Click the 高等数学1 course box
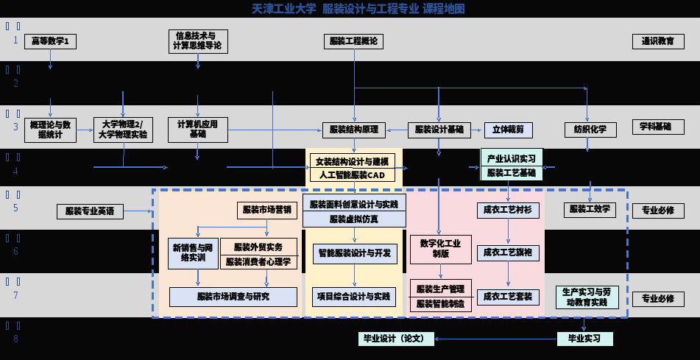[50, 41]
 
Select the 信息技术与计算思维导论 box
[198, 41]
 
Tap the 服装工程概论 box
[354, 41]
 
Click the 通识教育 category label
[657, 41]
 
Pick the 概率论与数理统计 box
[50, 130]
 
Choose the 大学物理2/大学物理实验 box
[124, 130]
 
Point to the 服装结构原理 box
[354, 130]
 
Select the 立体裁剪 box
[509, 130]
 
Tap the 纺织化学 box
[591, 130]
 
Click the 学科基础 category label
[657, 127]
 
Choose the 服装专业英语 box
[90, 211]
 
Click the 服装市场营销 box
[267, 210]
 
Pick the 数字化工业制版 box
[440, 249]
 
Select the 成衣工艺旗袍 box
[508, 253]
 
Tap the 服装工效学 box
[590, 210]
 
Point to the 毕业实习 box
[584, 339]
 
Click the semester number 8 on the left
[15, 339]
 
